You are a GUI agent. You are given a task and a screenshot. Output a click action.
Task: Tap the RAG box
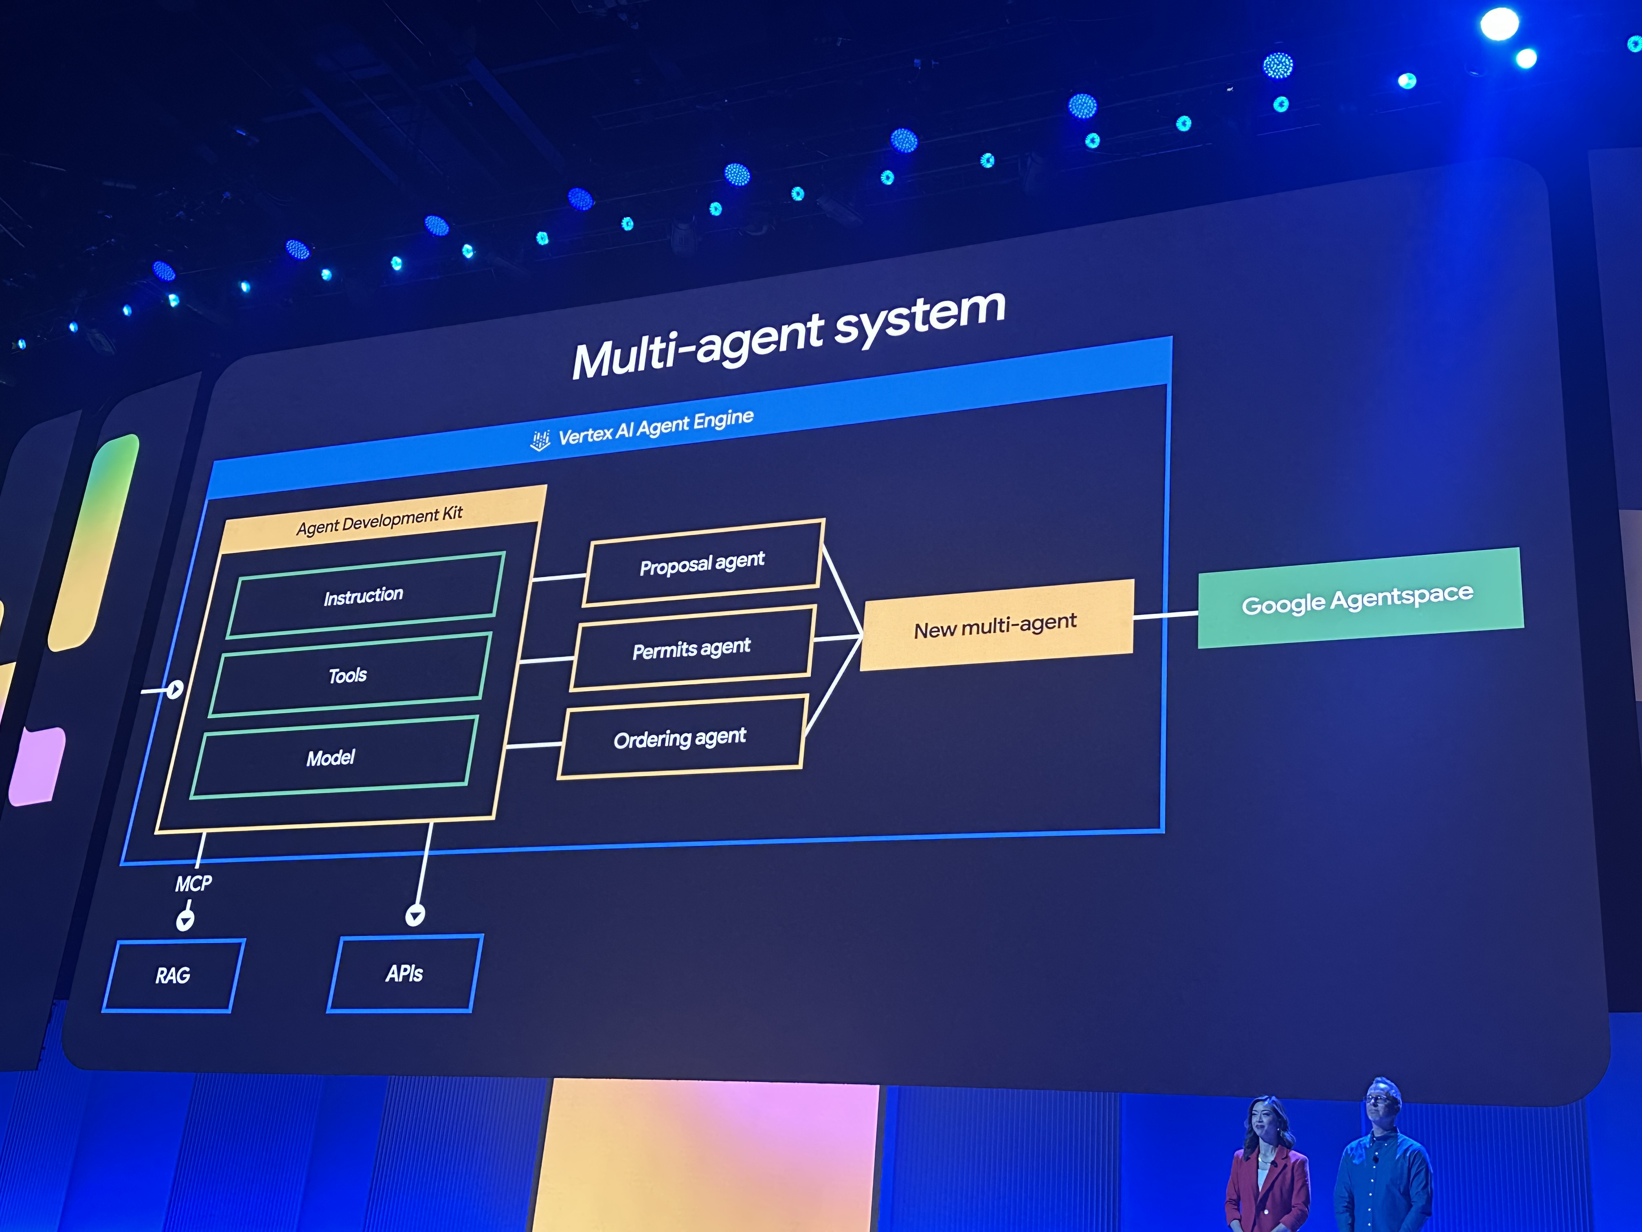click(x=173, y=975)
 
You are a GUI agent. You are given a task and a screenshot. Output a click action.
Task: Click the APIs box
click(x=404, y=973)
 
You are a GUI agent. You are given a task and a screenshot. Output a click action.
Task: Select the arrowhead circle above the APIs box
click(x=415, y=915)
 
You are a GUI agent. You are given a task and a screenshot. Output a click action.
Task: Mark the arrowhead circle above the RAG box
click(x=185, y=920)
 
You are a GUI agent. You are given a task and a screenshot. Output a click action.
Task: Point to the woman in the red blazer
click(x=1267, y=1166)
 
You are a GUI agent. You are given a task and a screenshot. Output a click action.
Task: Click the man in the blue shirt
click(x=1382, y=1159)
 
